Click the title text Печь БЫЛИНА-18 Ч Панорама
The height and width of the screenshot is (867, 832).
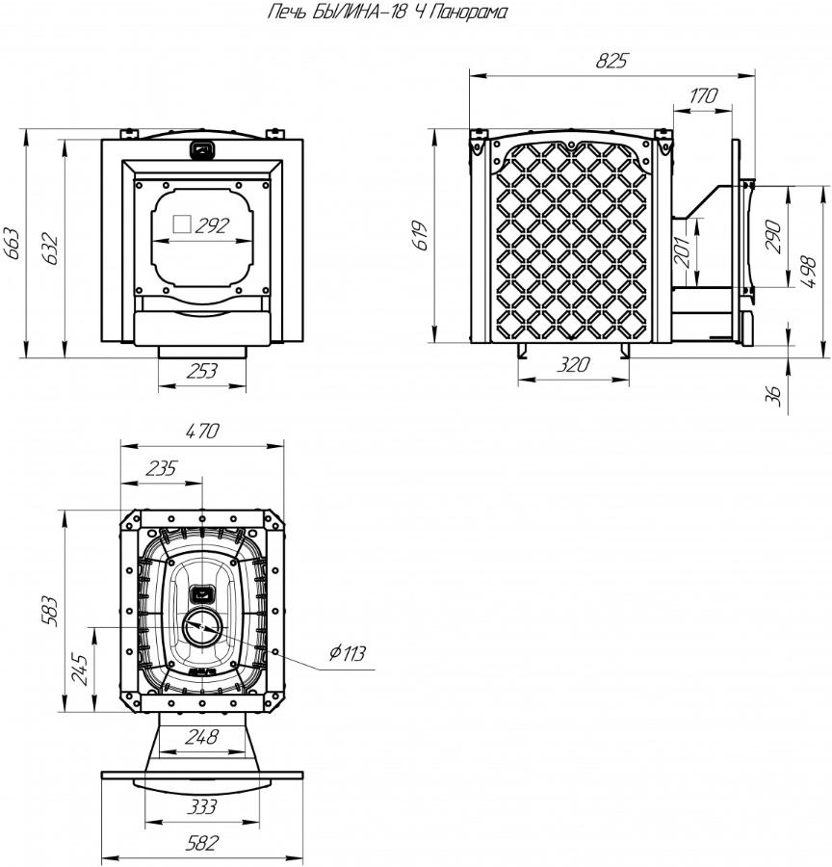click(387, 13)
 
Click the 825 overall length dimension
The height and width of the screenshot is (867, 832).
click(612, 61)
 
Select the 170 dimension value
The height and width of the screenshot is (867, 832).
click(703, 95)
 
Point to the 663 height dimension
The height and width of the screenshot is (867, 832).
click(12, 243)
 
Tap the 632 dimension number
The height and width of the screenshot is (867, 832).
click(50, 249)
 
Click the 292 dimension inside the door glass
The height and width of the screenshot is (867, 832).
click(212, 225)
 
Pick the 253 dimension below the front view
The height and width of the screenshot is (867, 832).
click(202, 371)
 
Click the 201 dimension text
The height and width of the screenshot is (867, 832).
click(685, 251)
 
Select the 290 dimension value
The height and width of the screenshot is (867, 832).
click(775, 237)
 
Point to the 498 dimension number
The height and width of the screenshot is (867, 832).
click(808, 272)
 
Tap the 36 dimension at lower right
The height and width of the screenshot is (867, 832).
click(775, 395)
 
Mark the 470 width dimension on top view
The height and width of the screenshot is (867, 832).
click(203, 432)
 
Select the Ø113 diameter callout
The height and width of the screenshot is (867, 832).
click(348, 653)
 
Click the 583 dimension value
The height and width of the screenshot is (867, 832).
click(50, 611)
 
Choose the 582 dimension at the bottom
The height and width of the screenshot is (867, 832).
click(202, 844)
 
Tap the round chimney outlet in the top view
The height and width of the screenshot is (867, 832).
click(203, 627)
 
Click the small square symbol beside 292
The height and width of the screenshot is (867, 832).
click(182, 223)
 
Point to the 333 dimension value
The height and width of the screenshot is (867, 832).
click(202, 807)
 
